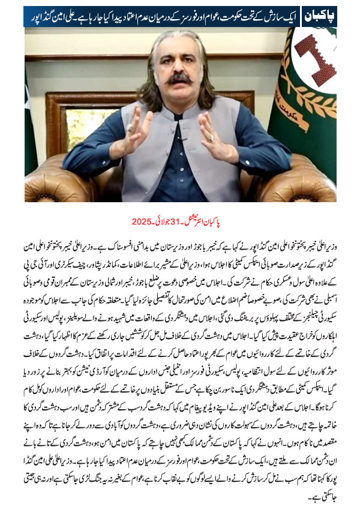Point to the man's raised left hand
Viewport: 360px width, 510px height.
click(x=215, y=137)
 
